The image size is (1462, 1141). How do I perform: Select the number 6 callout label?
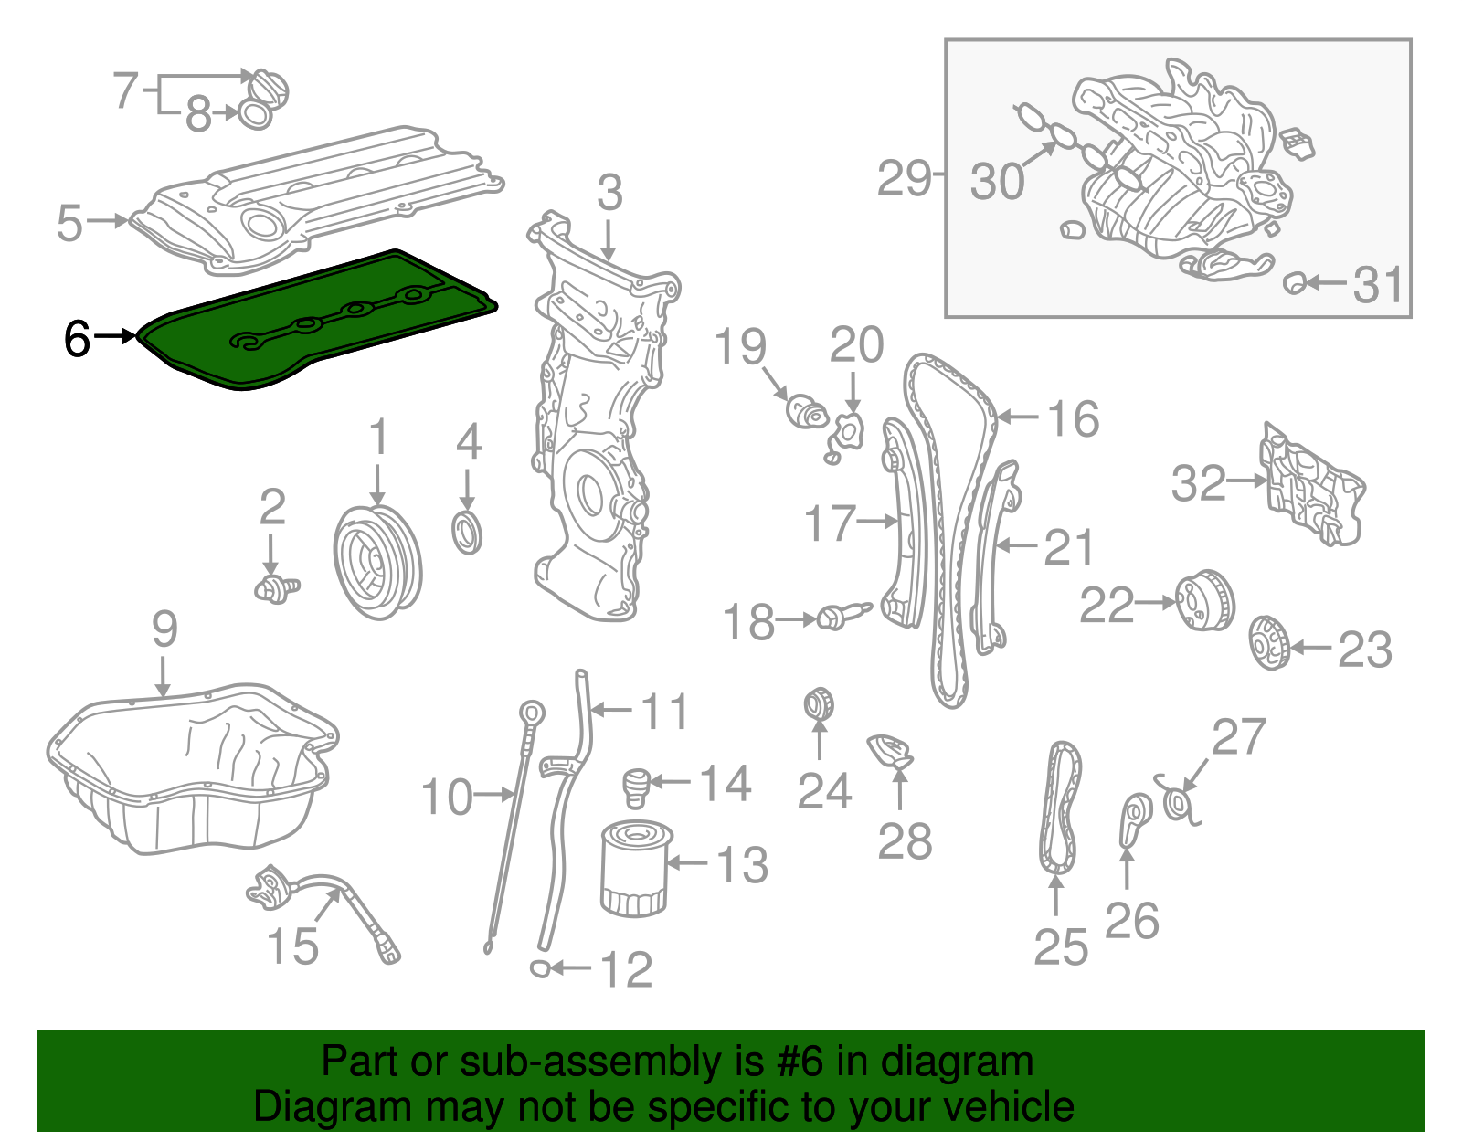coord(78,339)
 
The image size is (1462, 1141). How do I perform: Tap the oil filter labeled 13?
coord(633,868)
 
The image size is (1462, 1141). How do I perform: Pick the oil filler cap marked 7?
coord(270,87)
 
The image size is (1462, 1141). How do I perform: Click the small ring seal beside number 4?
coord(468,534)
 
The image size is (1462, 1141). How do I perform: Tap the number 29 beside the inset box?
coord(903,178)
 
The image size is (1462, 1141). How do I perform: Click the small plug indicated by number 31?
coord(1293,283)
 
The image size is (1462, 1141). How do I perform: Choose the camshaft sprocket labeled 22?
coord(1204,600)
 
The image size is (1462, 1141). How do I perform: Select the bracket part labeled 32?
coord(1311,484)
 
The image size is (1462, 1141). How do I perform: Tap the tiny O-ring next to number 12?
coord(540,967)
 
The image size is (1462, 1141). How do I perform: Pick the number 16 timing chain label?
coord(1073,419)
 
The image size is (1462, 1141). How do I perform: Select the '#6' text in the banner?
coord(800,1062)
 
